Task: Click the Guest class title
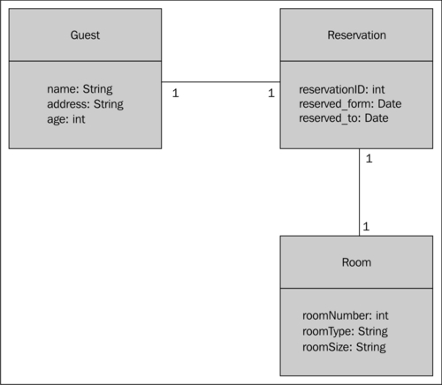pos(85,35)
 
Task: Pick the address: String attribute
pos(85,103)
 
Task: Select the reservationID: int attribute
pos(341,89)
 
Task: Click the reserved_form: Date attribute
pos(350,103)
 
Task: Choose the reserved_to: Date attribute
pos(344,117)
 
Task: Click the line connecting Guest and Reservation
pos(221,82)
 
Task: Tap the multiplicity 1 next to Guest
pos(174,93)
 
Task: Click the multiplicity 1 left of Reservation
pos(271,93)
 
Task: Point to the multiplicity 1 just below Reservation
pos(368,159)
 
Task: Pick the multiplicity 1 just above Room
pos(366,227)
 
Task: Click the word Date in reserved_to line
pos(376,117)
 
